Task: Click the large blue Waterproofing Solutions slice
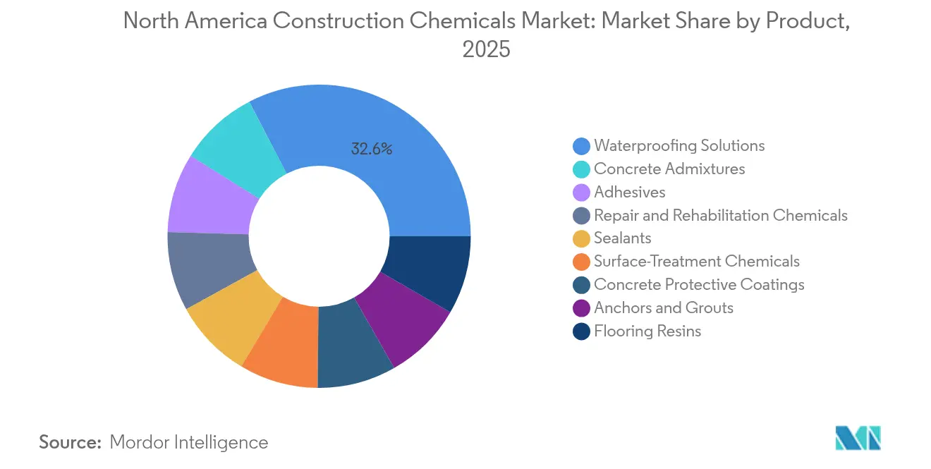click(395, 162)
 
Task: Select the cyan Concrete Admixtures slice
click(236, 148)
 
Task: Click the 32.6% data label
click(371, 149)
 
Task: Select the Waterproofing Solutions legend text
click(679, 146)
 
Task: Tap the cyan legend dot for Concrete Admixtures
click(581, 169)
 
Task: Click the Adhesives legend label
click(629, 193)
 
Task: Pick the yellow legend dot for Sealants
click(581, 238)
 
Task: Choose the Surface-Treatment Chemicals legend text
click(696, 262)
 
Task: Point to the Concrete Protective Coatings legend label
click(699, 285)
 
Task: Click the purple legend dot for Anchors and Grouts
click(581, 308)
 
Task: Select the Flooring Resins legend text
click(647, 331)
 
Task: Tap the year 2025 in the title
click(486, 50)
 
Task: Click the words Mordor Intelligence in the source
click(189, 442)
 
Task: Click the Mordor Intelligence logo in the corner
click(858, 438)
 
